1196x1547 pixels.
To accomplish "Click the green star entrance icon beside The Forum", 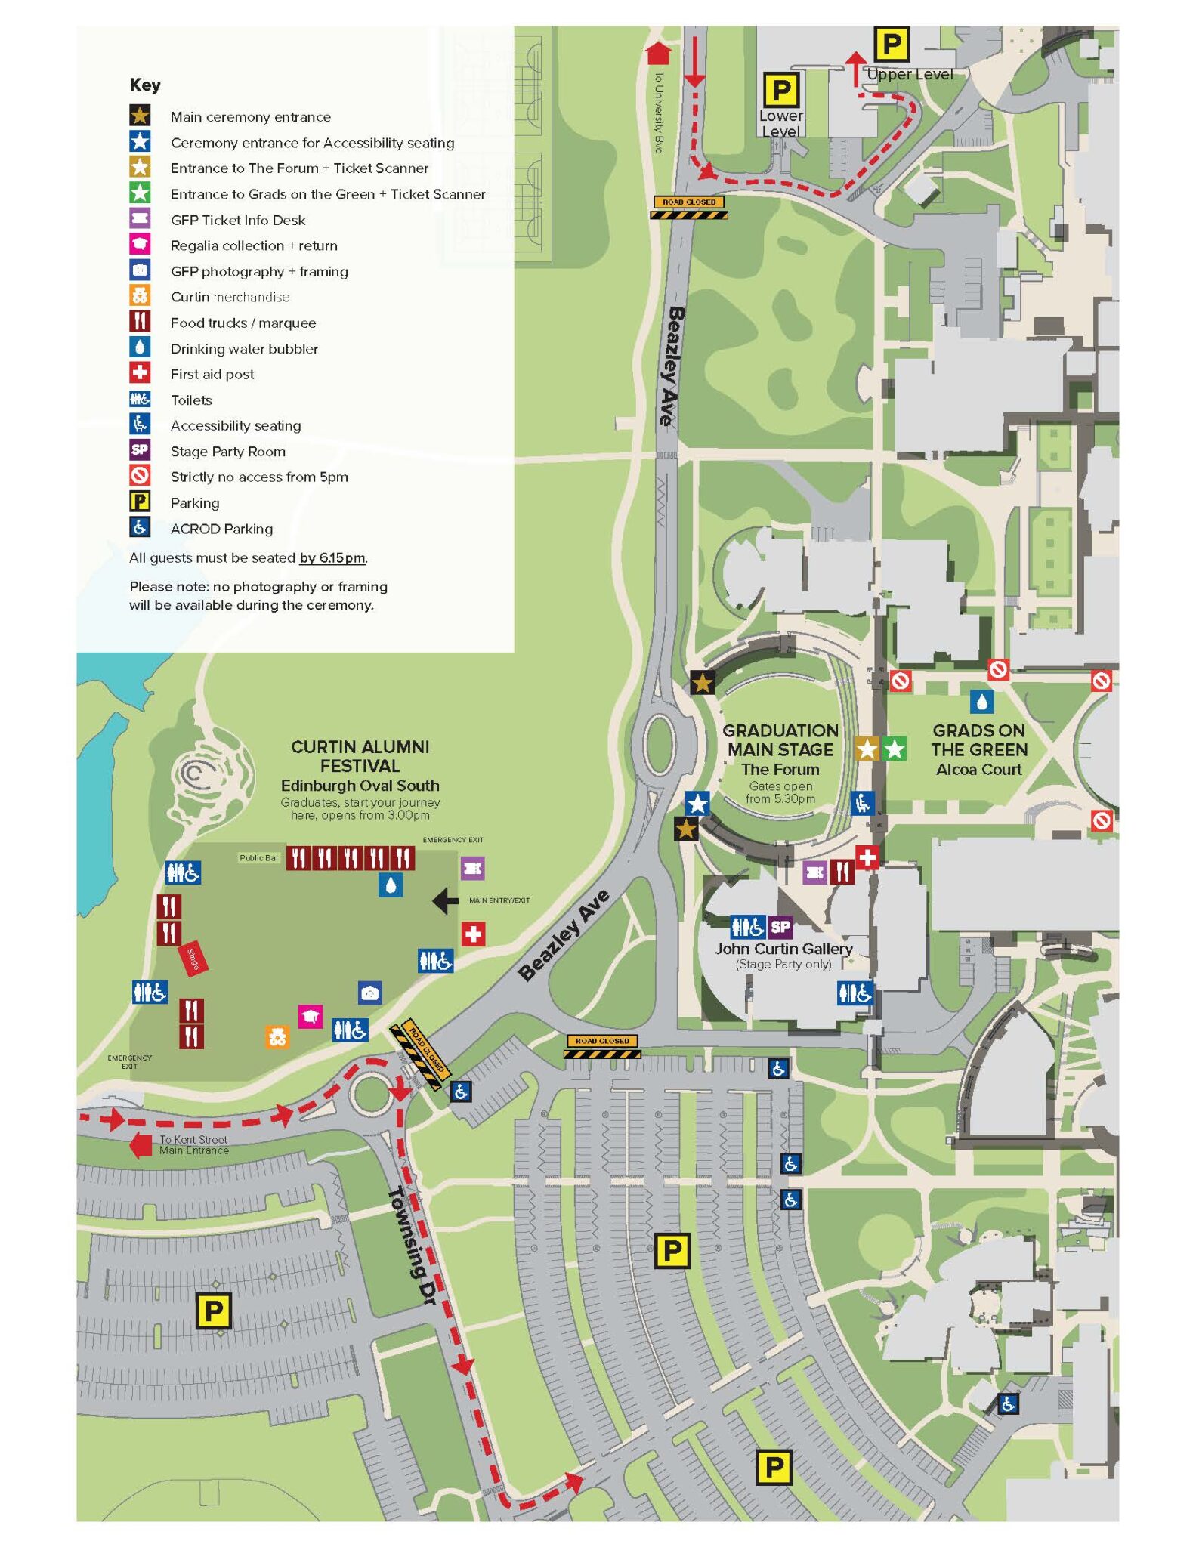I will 895,749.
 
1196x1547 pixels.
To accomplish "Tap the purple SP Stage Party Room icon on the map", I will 780,926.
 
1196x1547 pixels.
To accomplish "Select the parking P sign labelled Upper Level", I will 892,45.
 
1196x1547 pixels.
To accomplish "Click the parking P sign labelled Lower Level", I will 780,91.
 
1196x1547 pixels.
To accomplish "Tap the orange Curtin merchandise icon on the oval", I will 277,1036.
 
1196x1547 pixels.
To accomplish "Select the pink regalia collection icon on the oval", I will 310,1016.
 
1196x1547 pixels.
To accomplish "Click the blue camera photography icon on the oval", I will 369,993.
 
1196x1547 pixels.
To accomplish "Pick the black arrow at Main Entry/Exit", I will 446,900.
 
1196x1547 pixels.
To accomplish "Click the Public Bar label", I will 259,857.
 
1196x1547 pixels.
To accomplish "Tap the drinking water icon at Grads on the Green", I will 981,702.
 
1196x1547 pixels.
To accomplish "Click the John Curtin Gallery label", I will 783,948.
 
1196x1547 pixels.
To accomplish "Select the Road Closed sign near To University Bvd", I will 689,208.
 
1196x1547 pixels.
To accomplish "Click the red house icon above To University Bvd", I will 659,53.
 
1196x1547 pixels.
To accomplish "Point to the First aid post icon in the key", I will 140,373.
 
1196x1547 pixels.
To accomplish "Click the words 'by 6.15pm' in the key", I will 332,558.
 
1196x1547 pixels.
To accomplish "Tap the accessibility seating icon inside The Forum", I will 862,802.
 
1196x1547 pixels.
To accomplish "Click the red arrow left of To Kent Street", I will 141,1144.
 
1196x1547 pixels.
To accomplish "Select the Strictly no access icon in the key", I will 140,476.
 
